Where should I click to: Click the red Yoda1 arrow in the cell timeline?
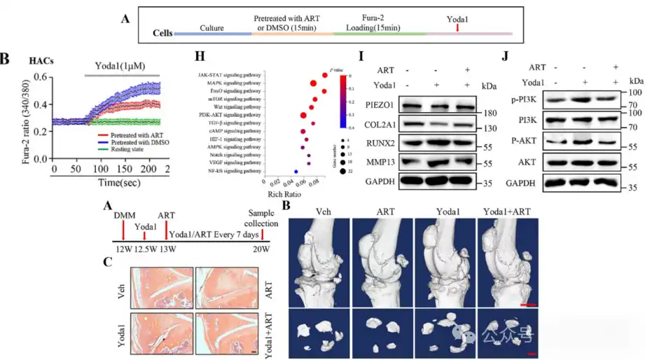point(457,27)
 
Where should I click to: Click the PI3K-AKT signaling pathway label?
point(228,112)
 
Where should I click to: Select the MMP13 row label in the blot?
point(382,162)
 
